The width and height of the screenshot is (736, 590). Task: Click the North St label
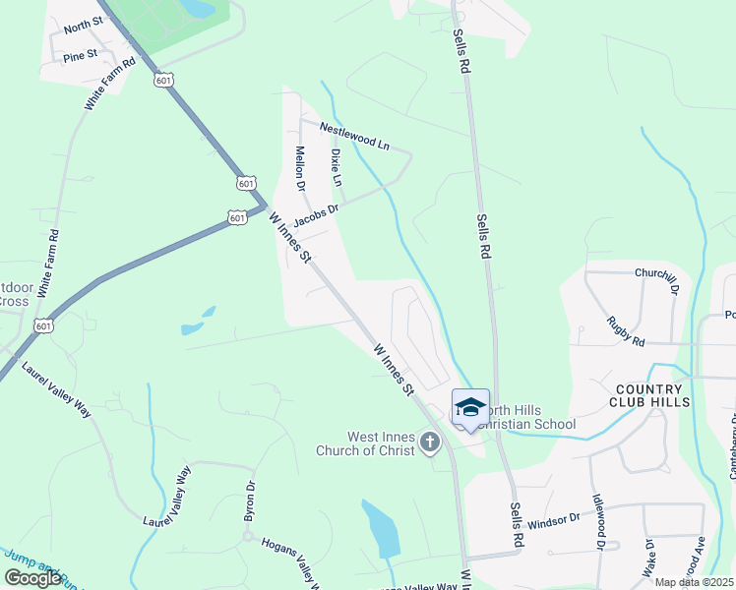(84, 24)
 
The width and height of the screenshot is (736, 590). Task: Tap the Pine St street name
(81, 56)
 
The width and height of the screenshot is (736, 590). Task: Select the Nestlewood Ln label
(354, 136)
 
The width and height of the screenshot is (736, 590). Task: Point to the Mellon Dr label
(300, 168)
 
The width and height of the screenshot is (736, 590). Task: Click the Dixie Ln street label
(336, 168)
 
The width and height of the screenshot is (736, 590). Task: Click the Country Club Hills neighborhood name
(649, 395)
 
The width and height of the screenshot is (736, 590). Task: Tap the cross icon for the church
(430, 443)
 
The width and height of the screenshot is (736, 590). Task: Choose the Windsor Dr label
(556, 523)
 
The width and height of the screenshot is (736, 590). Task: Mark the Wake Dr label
(648, 557)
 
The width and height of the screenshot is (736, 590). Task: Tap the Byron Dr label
(250, 501)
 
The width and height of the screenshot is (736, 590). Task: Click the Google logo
(33, 578)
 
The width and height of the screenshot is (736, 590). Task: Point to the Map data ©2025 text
(695, 582)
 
